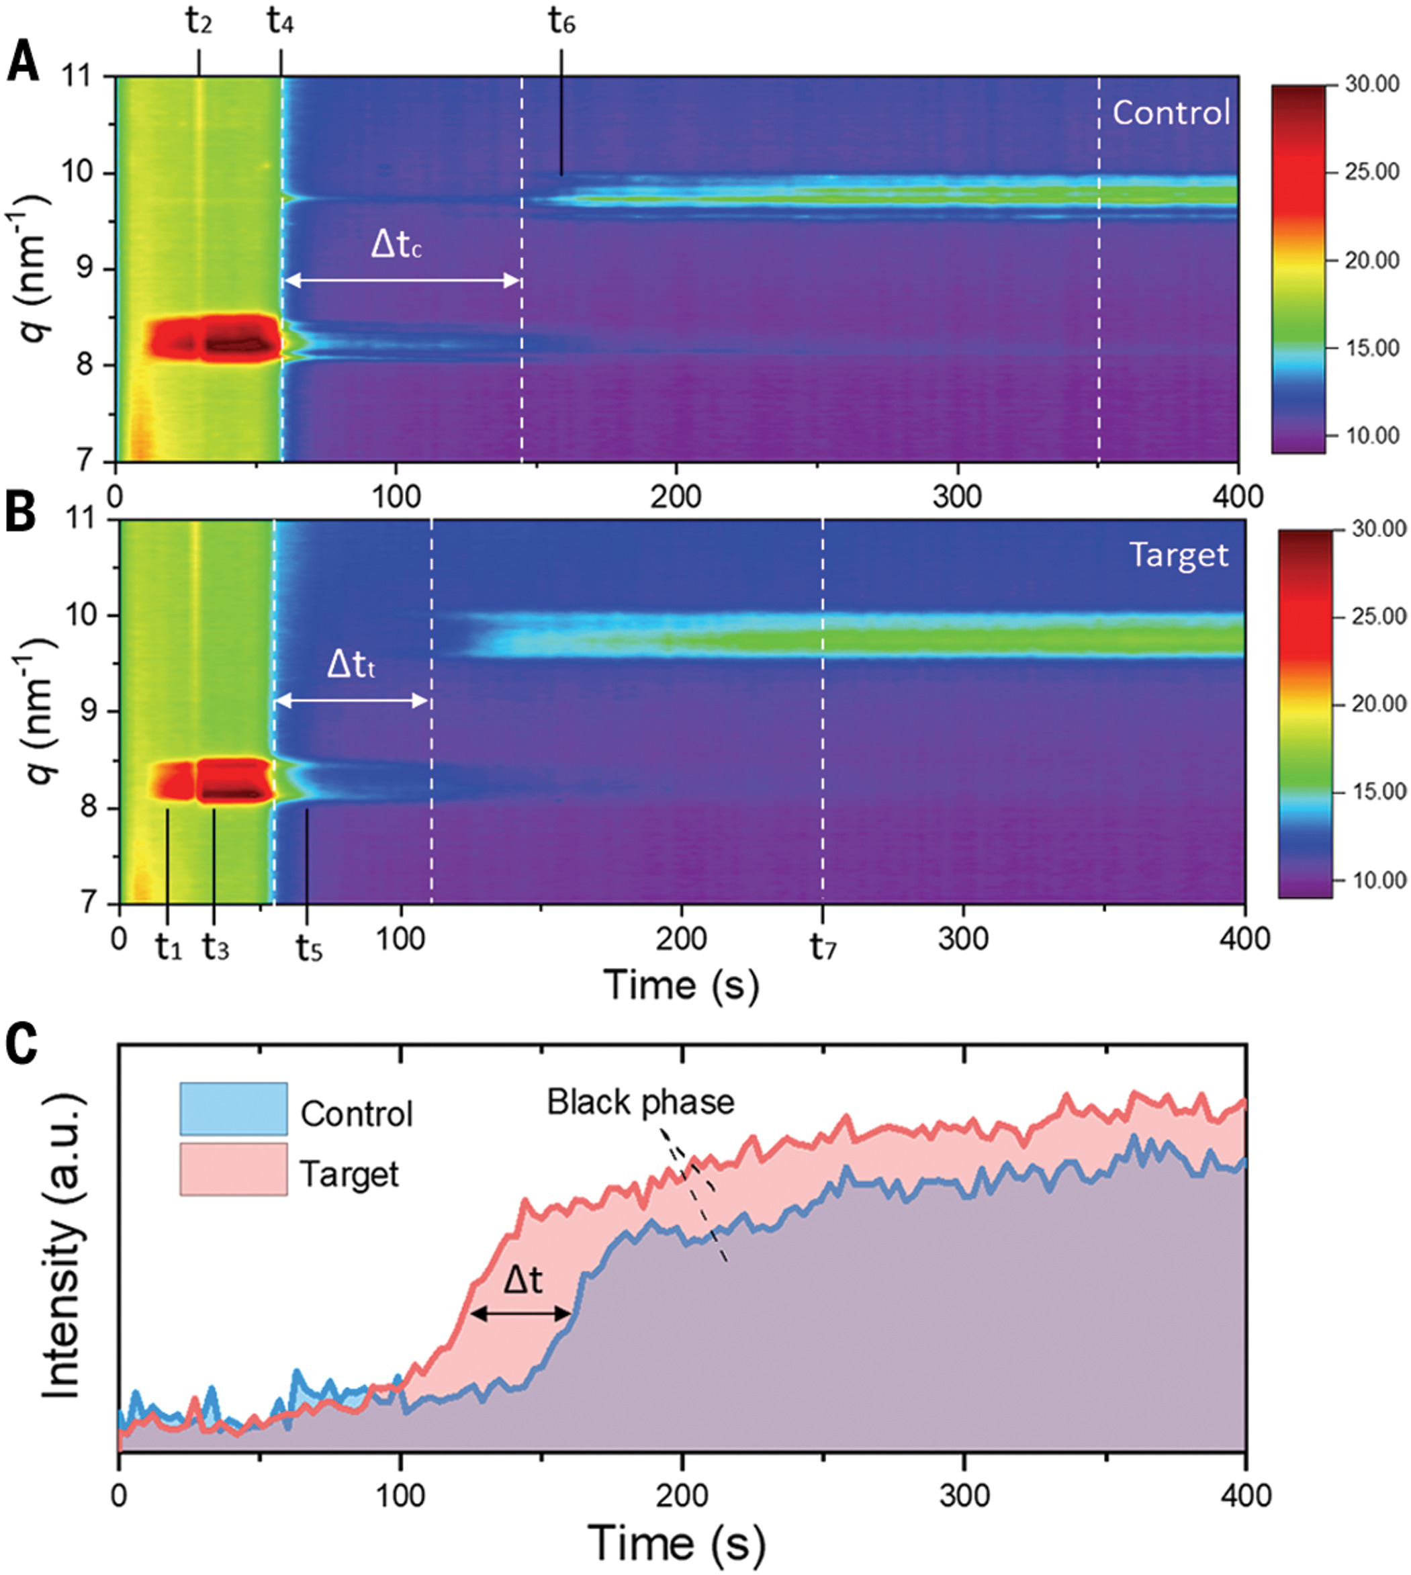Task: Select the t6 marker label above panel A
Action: pyautogui.click(x=561, y=24)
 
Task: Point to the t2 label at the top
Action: pyautogui.click(x=199, y=24)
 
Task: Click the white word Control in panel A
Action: pyautogui.click(x=1171, y=114)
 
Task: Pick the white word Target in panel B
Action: pyautogui.click(x=1179, y=555)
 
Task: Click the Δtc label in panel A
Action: pyautogui.click(x=396, y=246)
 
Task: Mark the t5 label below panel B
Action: pyautogui.click(x=308, y=948)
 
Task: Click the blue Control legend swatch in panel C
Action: pyautogui.click(x=233, y=1108)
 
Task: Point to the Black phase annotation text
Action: pyautogui.click(x=641, y=1102)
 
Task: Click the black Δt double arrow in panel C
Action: pyautogui.click(x=521, y=1314)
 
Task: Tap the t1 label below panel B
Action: pyautogui.click(x=167, y=948)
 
